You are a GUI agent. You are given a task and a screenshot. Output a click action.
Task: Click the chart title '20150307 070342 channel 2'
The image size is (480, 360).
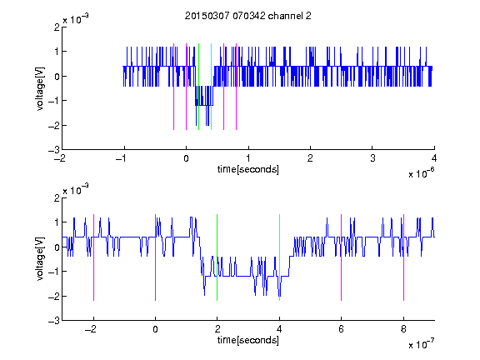(x=248, y=16)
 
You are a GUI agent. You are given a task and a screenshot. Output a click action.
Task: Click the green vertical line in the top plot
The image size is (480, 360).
(x=198, y=87)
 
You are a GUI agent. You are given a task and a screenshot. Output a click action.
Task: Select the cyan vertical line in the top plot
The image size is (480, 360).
(x=211, y=87)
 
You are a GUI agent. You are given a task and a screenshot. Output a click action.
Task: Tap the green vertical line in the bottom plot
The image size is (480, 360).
(x=217, y=257)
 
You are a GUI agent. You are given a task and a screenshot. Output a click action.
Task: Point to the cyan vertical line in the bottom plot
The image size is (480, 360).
(x=279, y=257)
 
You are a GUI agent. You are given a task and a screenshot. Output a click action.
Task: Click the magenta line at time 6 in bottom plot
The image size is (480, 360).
(x=342, y=257)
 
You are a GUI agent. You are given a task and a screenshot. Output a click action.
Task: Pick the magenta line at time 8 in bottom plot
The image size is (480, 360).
(x=404, y=257)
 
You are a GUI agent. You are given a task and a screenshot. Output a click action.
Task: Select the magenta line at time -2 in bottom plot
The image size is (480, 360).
(x=93, y=257)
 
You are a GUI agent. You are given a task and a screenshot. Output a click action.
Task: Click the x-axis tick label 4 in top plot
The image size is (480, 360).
(x=434, y=158)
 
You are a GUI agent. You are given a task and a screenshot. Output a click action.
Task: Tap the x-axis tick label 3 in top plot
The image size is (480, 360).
(x=372, y=158)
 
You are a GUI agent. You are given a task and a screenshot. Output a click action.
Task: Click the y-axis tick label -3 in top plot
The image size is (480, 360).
(x=54, y=150)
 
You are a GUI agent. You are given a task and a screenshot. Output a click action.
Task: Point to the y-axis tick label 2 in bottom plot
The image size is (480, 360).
(x=57, y=198)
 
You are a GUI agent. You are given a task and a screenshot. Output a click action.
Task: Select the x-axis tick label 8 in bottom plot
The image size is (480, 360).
(x=403, y=329)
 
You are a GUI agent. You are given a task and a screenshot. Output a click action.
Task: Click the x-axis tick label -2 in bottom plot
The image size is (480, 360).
(x=91, y=329)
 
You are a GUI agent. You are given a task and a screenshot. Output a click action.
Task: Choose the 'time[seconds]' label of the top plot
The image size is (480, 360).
(x=248, y=169)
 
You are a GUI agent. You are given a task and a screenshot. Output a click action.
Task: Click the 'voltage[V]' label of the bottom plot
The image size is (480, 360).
(x=40, y=258)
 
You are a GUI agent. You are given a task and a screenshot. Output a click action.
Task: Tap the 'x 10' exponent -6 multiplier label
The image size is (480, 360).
(x=421, y=172)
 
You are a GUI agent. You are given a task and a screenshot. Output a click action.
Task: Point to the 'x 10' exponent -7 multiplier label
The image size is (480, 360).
(x=421, y=343)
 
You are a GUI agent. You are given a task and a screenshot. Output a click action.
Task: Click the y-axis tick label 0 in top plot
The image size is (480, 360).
(x=57, y=76)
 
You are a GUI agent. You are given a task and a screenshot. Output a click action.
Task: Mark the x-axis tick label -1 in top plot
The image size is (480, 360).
(x=122, y=158)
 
